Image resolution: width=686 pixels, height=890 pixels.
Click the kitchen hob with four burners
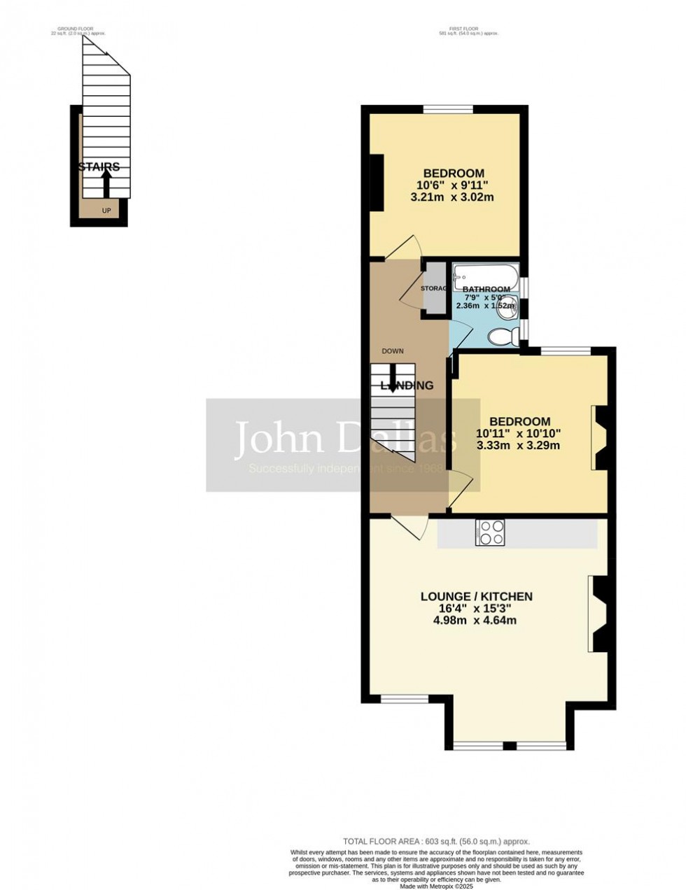point(490,532)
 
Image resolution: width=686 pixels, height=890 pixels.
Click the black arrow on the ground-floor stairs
point(106,184)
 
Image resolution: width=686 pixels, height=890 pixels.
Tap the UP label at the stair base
point(106,210)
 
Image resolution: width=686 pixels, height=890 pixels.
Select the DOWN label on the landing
point(393,351)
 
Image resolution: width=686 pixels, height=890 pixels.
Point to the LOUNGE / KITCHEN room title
point(476,597)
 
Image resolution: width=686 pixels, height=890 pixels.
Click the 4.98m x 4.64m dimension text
point(476,620)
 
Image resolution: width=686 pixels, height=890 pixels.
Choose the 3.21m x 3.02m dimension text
point(453,197)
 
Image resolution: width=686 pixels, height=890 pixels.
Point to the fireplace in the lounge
point(598,614)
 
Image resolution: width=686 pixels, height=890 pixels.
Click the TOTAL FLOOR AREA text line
point(436,841)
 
